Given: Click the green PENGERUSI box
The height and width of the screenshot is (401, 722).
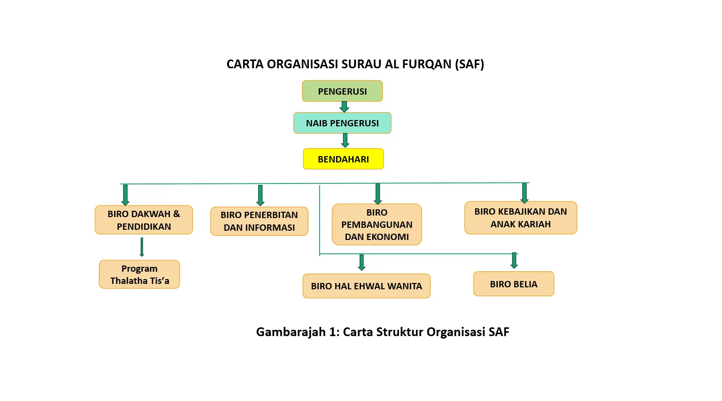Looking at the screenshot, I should (x=342, y=91).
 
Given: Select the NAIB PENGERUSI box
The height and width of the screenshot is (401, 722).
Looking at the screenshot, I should (x=342, y=123).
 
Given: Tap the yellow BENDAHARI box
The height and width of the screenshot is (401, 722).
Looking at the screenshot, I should (x=343, y=159).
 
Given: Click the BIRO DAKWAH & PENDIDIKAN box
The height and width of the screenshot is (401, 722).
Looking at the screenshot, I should (x=144, y=220).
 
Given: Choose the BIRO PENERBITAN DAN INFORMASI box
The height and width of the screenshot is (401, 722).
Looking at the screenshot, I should (x=259, y=221).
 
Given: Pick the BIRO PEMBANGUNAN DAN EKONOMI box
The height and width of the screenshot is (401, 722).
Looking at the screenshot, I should (x=377, y=224).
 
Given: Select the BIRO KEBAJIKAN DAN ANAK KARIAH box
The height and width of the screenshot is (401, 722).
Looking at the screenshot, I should (x=520, y=218).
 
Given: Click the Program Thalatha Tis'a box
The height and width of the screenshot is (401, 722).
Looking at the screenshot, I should (x=139, y=274).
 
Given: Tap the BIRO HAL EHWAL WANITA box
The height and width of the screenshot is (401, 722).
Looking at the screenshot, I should (x=366, y=286).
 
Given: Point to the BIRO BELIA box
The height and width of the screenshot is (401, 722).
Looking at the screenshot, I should (x=513, y=284).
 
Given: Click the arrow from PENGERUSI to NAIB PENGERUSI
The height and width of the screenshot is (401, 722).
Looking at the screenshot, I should (x=344, y=107).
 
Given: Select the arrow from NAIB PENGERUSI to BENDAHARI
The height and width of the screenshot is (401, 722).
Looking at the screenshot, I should (x=345, y=140).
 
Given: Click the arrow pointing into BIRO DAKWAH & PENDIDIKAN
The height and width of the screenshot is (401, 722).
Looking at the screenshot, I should (x=125, y=195).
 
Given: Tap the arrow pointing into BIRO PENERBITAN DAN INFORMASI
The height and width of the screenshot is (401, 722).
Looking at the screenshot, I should (x=260, y=195).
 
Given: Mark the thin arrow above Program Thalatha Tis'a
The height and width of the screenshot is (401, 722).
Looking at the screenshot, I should (x=142, y=247).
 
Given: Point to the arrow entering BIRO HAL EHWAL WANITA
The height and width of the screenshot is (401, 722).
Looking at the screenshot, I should (x=361, y=262).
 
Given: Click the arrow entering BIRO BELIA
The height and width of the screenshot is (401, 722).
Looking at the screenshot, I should (x=514, y=260).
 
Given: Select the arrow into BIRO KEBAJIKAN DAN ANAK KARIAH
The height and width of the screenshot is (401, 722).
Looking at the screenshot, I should (x=524, y=193).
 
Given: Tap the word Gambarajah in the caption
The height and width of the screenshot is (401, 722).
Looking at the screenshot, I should (x=290, y=332).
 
